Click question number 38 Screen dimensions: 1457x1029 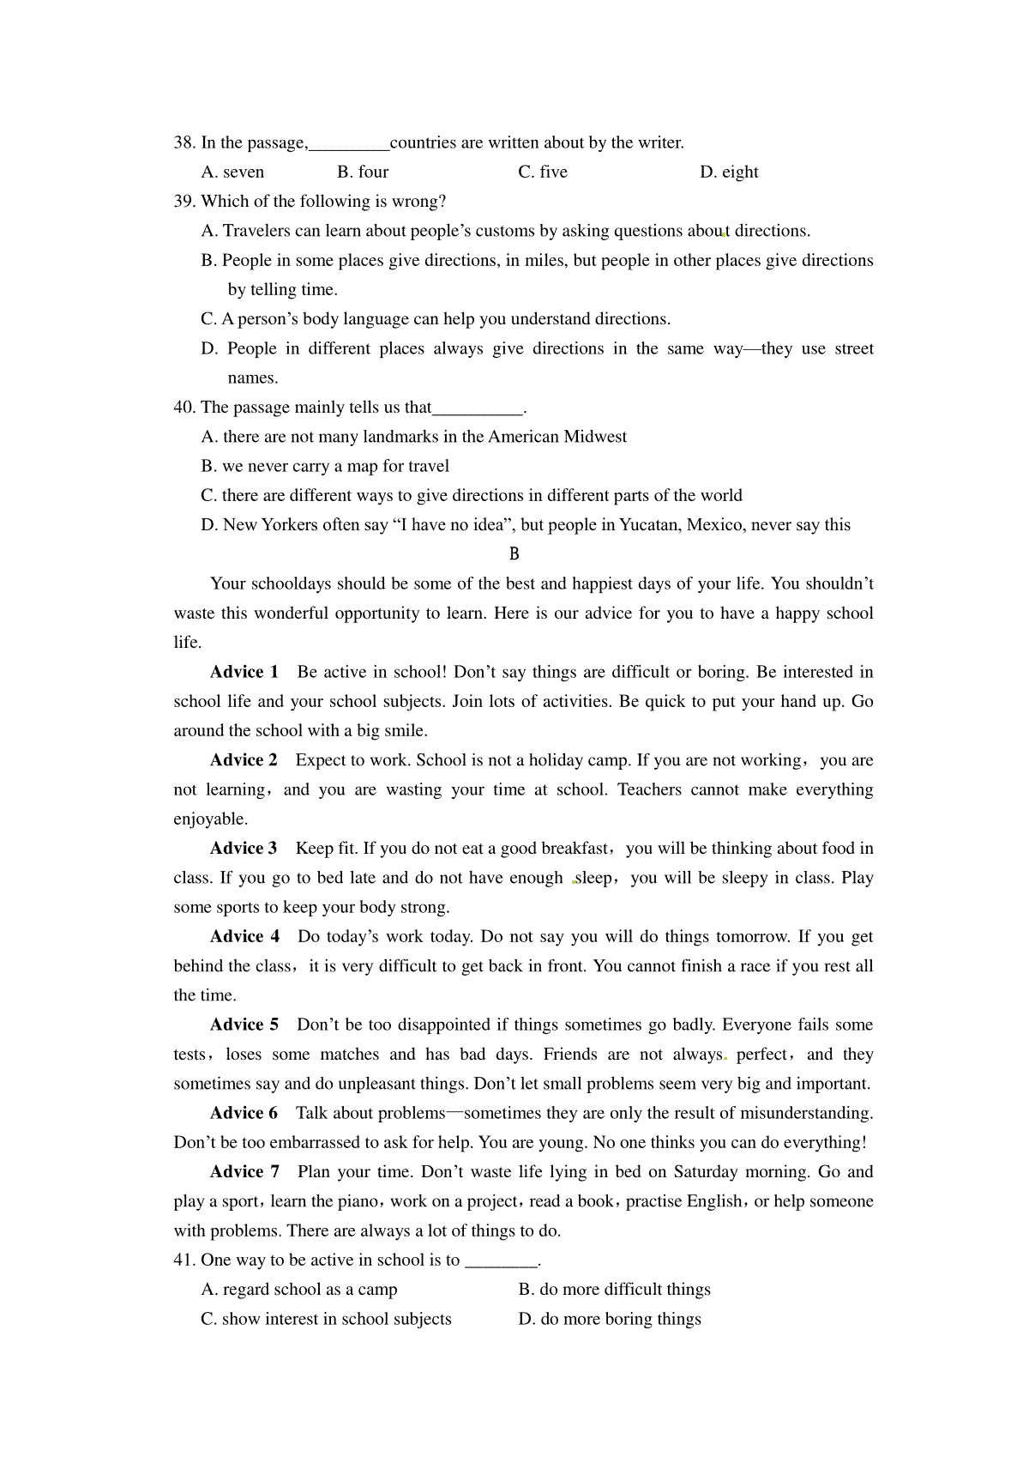tap(184, 142)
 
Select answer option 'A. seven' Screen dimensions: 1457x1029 tap(232, 172)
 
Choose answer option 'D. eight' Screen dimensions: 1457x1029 tap(729, 172)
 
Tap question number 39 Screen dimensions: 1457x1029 tap(184, 202)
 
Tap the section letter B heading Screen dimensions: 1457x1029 tap(514, 554)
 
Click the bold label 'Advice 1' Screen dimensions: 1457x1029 tap(244, 672)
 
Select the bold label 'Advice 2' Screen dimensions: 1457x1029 tap(244, 760)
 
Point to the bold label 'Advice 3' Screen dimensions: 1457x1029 tap(244, 849)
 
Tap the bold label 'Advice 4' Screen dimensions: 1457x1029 tap(244, 937)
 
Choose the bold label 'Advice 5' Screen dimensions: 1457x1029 tap(244, 1025)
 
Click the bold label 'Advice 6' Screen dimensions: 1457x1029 tap(244, 1113)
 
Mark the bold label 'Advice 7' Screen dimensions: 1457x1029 tap(244, 1172)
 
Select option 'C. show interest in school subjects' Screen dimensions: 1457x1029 tap(326, 1319)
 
